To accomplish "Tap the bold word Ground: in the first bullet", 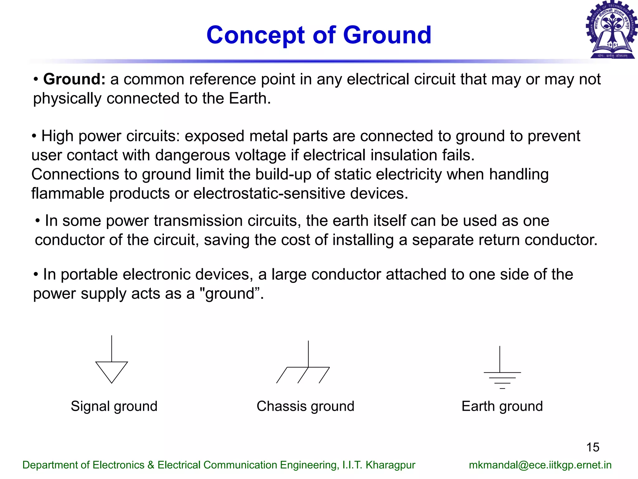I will tap(74, 79).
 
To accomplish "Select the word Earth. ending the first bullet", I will tap(250, 99).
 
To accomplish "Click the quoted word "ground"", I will tap(231, 294).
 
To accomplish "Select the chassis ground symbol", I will tap(304, 368).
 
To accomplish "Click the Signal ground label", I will tap(114, 406).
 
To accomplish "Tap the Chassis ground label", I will tap(305, 406).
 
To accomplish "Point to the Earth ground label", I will tap(502, 406).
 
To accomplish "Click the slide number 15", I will tap(593, 447).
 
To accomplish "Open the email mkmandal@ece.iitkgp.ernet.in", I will tap(540, 465).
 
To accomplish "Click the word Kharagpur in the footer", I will tap(390, 465).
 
